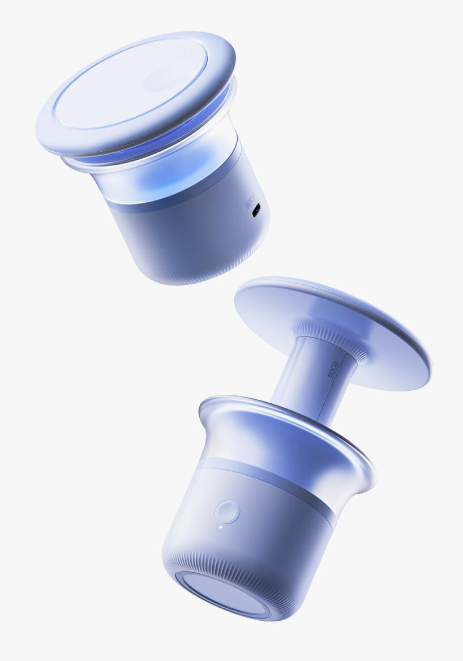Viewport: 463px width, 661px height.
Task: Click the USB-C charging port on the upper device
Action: coord(256,210)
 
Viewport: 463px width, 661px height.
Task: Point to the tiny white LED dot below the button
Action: coord(221,527)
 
